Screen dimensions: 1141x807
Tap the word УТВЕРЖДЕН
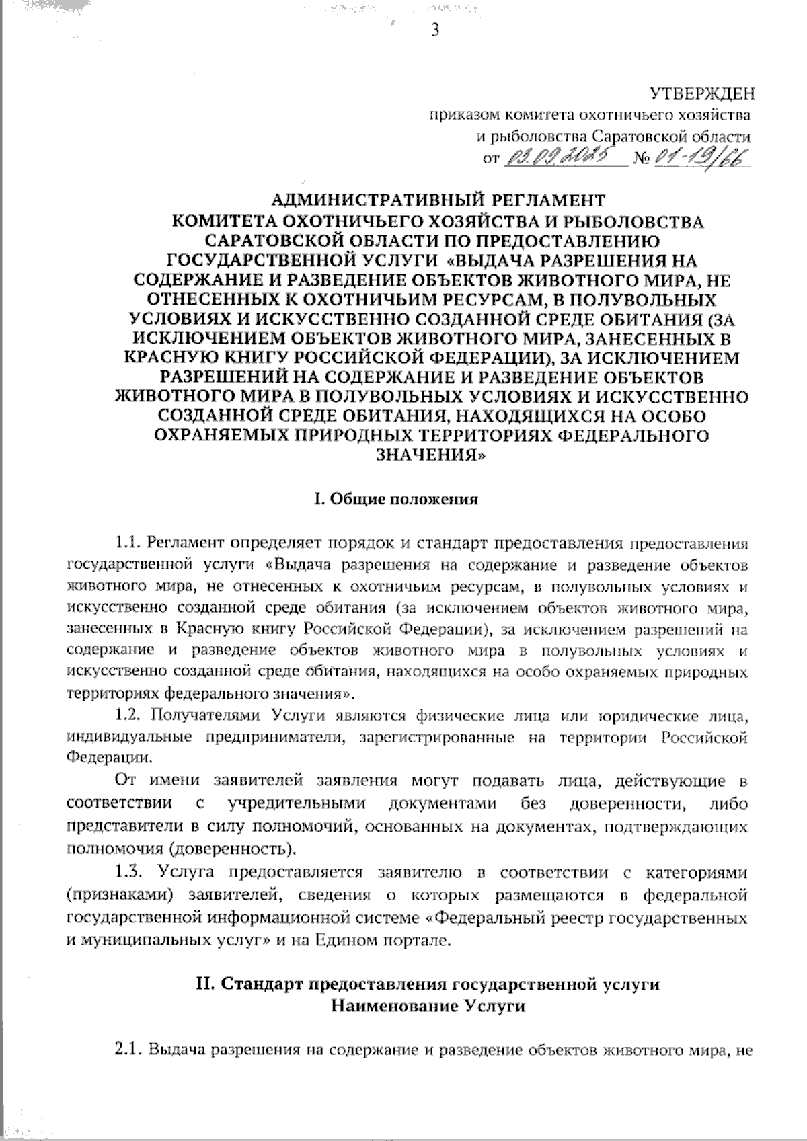(x=700, y=93)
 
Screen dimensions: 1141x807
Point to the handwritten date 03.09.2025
(x=562, y=159)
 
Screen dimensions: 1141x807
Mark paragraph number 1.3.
(x=128, y=873)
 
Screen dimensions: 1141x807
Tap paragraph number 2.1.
(x=126, y=1049)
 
